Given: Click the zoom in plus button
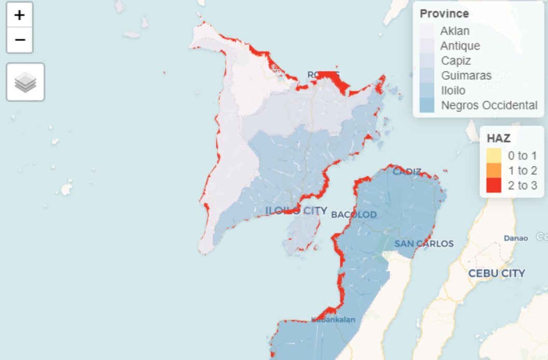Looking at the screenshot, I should pyautogui.click(x=20, y=15).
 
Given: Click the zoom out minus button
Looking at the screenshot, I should pyautogui.click(x=20, y=40).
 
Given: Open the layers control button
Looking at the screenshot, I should pyautogui.click(x=25, y=82).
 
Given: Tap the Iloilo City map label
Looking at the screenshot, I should pyautogui.click(x=296, y=211).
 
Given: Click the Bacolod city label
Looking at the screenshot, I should pyautogui.click(x=353, y=214).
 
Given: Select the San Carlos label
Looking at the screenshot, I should pyautogui.click(x=424, y=243).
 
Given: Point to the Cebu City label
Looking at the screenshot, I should pyautogui.click(x=497, y=273).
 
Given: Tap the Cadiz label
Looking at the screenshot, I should pyautogui.click(x=407, y=171).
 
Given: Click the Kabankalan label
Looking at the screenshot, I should pyautogui.click(x=333, y=320).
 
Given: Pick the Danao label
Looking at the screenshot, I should pyautogui.click(x=516, y=238).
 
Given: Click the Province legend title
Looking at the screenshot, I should pyautogui.click(x=444, y=14).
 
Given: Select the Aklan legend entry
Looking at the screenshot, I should pyautogui.click(x=455, y=31).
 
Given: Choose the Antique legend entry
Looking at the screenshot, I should pyautogui.click(x=460, y=46).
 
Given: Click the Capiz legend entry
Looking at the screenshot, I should pyautogui.click(x=456, y=61).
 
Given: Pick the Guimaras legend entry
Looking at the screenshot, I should pyautogui.click(x=466, y=76).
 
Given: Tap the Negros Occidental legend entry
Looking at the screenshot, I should pyautogui.click(x=489, y=105).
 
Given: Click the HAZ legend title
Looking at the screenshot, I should pyautogui.click(x=498, y=139).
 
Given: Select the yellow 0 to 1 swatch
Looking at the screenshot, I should pyautogui.click(x=494, y=155).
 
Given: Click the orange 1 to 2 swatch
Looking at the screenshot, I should pyautogui.click(x=494, y=170).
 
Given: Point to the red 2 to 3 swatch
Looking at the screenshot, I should pyautogui.click(x=494, y=185).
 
